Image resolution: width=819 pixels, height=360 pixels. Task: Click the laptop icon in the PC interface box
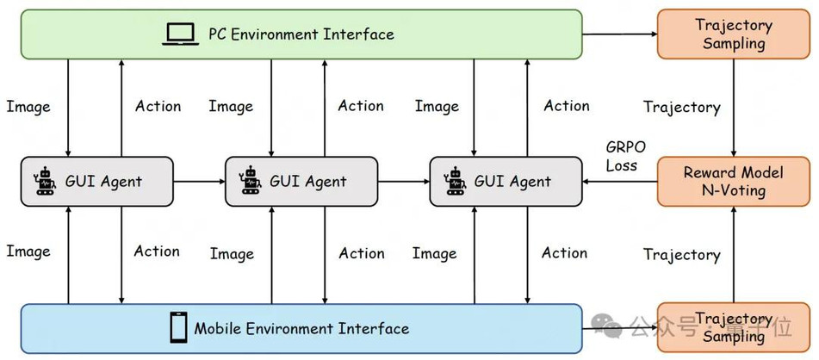tap(180, 34)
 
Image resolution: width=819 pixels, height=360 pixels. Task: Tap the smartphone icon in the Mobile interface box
tap(178, 327)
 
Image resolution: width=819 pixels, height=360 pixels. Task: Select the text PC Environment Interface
tap(301, 34)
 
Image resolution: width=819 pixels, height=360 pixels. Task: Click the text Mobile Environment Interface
tap(301, 329)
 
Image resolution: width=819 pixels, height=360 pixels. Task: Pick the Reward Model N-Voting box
tap(733, 182)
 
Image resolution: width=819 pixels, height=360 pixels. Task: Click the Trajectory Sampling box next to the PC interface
tap(733, 34)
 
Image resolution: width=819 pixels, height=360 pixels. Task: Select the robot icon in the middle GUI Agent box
tap(249, 182)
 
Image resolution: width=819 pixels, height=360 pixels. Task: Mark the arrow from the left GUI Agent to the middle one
tap(199, 182)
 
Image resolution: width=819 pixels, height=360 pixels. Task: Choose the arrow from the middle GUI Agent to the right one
tap(403, 182)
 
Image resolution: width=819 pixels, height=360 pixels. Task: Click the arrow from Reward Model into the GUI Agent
tap(619, 182)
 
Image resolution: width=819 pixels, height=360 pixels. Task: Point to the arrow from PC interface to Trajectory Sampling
tap(619, 34)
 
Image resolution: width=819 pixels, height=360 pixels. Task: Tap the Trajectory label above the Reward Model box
tap(681, 107)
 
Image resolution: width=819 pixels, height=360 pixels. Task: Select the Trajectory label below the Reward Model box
tap(681, 254)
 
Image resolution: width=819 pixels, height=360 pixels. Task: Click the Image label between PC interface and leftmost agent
tap(28, 107)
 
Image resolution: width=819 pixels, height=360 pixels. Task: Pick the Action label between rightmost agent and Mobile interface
tap(564, 253)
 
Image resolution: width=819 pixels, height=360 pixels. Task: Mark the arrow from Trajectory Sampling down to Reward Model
tap(734, 108)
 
